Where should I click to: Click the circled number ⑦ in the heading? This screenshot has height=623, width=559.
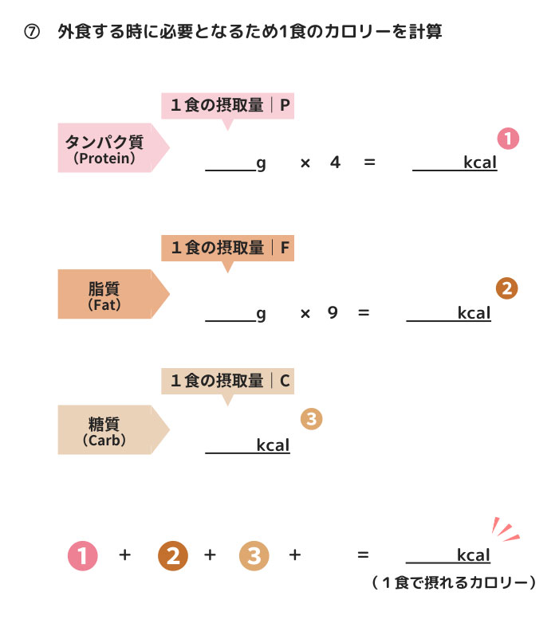point(33,33)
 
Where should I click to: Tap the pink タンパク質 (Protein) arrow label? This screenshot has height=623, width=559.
point(108,148)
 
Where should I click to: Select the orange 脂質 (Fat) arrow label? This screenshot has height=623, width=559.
point(108,294)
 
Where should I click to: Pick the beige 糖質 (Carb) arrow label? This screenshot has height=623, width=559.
point(108,430)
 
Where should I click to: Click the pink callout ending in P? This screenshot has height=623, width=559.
point(227,105)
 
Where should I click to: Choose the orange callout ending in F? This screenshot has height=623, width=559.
point(227,249)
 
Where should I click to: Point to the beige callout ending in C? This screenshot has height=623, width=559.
point(227,381)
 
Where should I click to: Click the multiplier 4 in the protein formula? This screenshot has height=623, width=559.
point(335,163)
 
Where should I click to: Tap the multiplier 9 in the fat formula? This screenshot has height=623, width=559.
point(333,313)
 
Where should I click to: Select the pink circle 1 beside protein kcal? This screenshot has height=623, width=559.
point(508,139)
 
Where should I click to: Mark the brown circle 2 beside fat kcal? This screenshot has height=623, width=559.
point(506,288)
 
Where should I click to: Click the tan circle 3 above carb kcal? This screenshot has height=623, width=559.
point(311,419)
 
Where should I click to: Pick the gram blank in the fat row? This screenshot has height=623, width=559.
point(230,315)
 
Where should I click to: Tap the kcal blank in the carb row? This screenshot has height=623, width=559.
point(230,446)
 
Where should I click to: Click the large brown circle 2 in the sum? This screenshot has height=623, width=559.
point(173,556)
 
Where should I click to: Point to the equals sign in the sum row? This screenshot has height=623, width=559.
point(363,555)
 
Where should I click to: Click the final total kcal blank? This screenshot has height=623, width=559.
point(431,556)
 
